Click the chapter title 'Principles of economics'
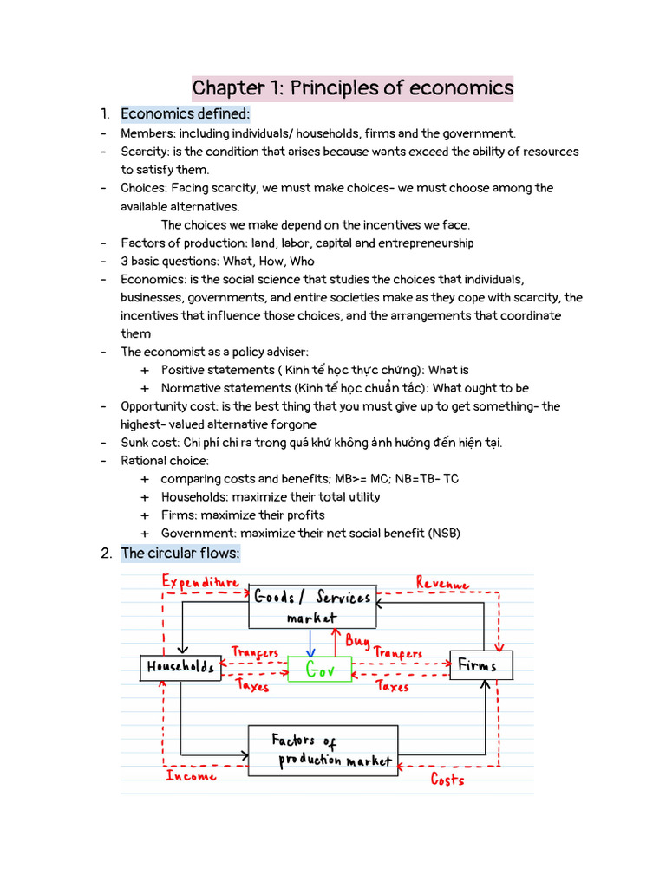(352, 88)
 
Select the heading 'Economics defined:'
(185, 114)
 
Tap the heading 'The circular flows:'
(180, 554)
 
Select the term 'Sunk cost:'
(149, 443)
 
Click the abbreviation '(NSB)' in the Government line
(443, 534)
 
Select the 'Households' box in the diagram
(180, 667)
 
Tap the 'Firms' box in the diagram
(480, 665)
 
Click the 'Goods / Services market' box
(312, 606)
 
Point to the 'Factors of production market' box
(323, 750)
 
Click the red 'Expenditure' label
(200, 583)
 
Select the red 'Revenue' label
(442, 584)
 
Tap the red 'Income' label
(191, 776)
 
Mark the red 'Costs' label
(447, 780)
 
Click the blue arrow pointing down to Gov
(310, 642)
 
